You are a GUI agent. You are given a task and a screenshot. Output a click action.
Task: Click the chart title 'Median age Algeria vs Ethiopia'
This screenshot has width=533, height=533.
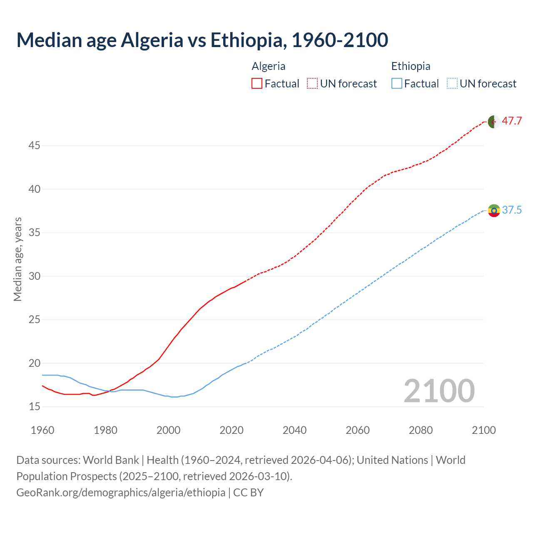202,40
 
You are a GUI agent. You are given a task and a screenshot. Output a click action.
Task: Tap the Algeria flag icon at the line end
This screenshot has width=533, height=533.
493,122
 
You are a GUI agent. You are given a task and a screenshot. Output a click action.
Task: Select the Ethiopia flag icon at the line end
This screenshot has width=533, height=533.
493,210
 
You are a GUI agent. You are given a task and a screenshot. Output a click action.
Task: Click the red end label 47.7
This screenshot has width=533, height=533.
512,121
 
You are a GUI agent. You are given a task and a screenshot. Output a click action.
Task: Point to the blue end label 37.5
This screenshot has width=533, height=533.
512,210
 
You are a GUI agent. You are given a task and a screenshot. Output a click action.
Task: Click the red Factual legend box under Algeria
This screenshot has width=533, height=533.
257,83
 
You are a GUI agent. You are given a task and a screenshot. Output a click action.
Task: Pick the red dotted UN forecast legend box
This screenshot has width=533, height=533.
312,83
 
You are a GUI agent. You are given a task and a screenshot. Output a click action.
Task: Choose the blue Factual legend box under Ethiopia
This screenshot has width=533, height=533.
397,83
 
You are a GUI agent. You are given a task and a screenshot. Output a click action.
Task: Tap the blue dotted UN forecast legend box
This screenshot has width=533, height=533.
452,83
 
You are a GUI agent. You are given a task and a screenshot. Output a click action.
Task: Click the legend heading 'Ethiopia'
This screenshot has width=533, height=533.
411,66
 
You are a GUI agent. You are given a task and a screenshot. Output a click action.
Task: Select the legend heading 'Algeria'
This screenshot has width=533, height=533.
269,66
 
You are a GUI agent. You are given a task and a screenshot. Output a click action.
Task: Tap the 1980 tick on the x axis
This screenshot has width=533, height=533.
105,430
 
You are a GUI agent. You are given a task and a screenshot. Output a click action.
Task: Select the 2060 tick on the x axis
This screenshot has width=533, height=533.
358,430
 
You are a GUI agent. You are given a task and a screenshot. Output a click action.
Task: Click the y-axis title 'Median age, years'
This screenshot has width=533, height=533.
17,259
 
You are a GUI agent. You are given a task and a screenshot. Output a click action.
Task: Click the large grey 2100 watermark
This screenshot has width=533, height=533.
439,391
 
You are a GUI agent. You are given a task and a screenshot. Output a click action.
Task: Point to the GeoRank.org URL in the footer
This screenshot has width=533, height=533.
121,493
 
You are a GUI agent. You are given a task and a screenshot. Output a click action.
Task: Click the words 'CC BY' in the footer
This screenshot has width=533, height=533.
249,493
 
